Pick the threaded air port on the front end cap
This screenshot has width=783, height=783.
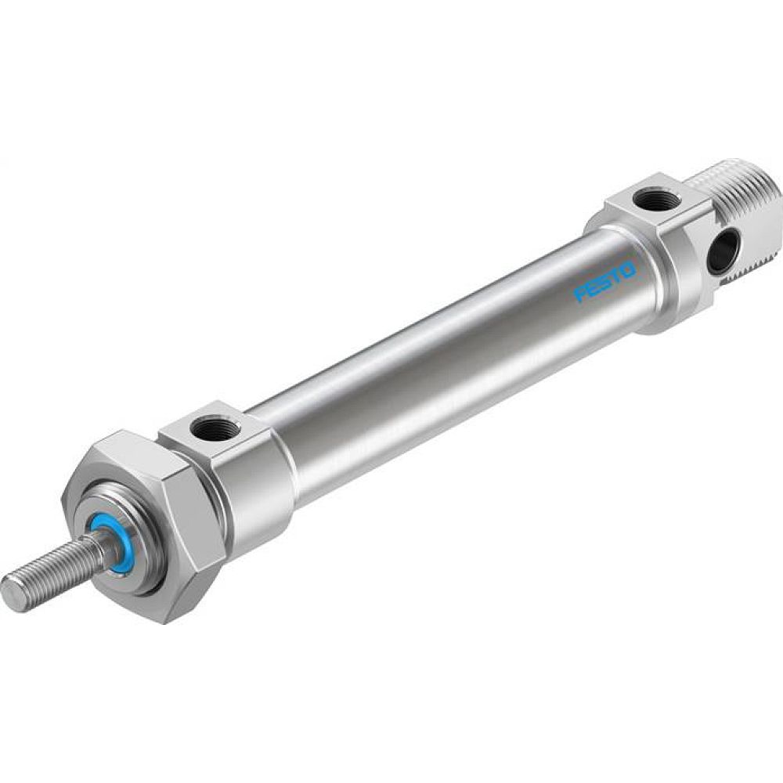212,428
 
